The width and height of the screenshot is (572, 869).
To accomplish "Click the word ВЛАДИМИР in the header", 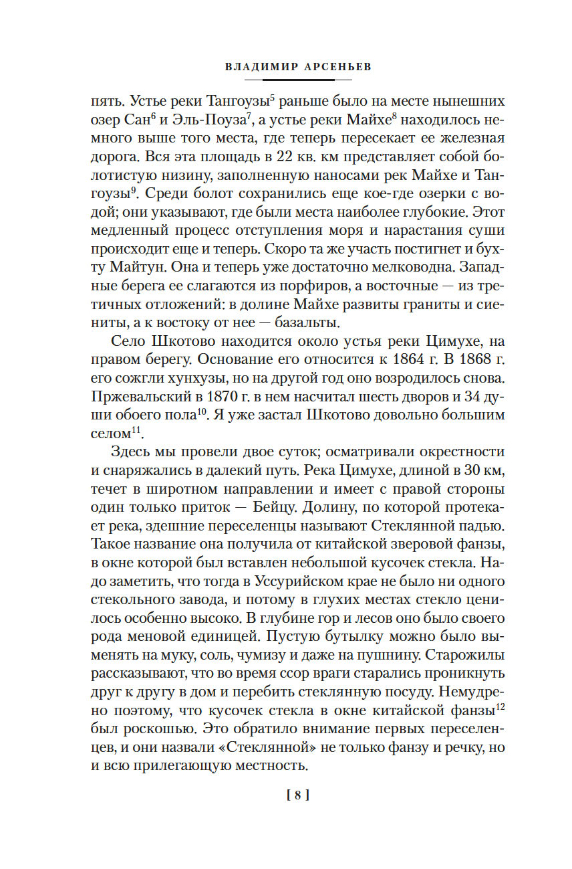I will [x=255, y=67].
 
